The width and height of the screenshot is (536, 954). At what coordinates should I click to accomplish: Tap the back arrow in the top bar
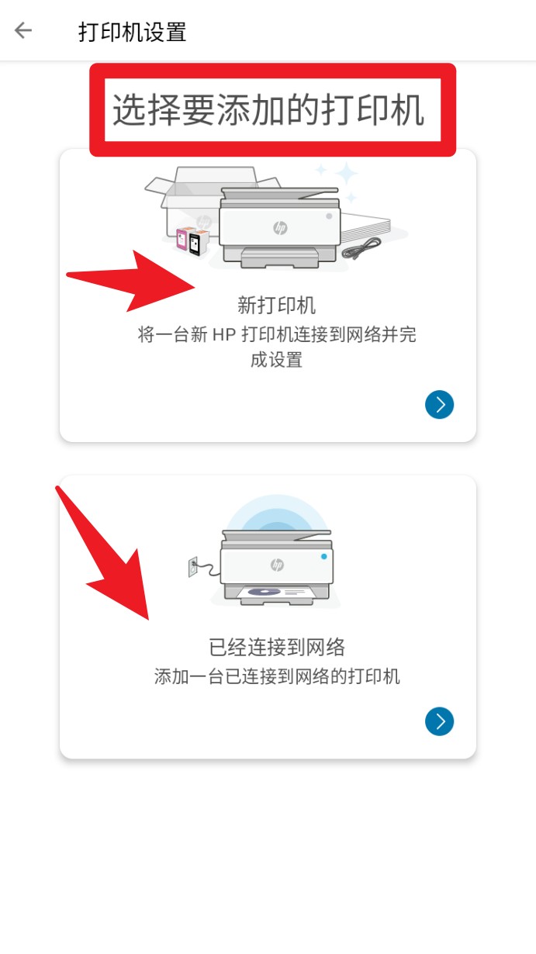[23, 31]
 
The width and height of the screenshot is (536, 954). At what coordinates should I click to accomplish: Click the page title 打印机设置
[132, 32]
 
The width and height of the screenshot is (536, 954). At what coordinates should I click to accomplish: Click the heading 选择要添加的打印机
[268, 111]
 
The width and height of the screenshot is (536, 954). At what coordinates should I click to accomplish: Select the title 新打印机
[276, 305]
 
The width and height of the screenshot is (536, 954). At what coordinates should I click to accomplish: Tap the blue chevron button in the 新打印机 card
[439, 404]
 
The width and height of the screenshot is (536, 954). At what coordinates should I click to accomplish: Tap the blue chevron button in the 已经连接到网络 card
[439, 721]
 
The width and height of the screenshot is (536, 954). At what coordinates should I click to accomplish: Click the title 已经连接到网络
[276, 647]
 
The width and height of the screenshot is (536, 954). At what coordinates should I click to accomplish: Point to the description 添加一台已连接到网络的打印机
[276, 676]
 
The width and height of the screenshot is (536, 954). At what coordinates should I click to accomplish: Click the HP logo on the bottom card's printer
[277, 565]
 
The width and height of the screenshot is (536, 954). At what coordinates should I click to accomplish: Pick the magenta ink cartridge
[184, 240]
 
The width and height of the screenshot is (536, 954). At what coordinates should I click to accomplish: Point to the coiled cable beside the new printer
[361, 249]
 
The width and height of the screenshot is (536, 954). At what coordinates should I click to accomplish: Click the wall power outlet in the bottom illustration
[194, 568]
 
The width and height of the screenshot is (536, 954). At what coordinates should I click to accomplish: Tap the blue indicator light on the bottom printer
[323, 556]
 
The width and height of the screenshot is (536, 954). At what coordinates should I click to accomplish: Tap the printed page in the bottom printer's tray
[276, 593]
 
